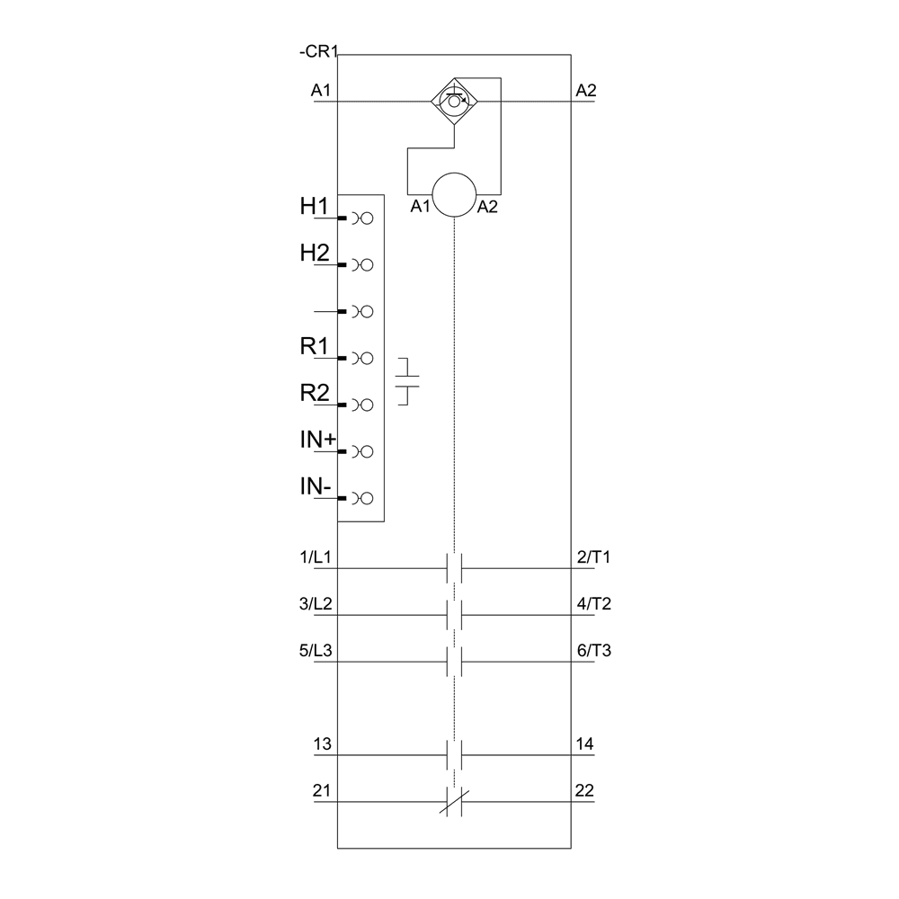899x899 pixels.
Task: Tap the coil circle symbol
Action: [x=454, y=195]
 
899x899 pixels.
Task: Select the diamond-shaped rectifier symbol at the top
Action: [x=455, y=102]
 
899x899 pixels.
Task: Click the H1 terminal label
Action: [x=315, y=207]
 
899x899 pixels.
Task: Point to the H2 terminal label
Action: [x=315, y=254]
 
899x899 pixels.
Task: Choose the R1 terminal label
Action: [x=315, y=346]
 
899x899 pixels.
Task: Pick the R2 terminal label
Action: [x=315, y=393]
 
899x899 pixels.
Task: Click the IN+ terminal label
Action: [x=317, y=440]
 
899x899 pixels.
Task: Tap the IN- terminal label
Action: [x=316, y=486]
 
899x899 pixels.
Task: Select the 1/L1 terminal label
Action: [x=316, y=557]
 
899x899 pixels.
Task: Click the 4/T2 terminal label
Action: [x=593, y=604]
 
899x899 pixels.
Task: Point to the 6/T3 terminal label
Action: [x=593, y=651]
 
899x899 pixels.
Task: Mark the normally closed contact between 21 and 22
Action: [x=455, y=802]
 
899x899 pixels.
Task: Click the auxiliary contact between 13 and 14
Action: [x=455, y=755]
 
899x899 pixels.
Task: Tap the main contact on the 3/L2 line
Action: [x=455, y=615]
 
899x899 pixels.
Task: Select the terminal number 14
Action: [x=584, y=744]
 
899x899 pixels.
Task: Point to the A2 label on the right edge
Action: [x=586, y=90]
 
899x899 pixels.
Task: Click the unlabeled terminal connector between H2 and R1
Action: [x=360, y=311]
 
